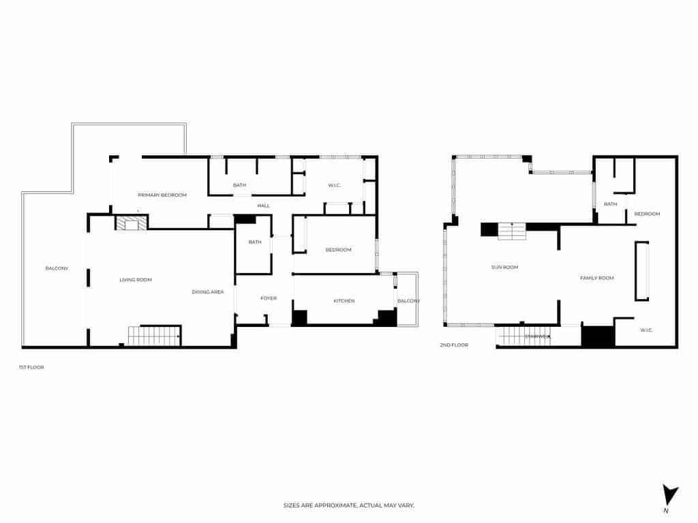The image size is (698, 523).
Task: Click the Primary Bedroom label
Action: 162,195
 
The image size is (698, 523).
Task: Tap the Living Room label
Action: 136,280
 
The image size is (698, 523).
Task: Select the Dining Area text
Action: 208,292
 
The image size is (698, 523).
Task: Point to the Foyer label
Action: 269,298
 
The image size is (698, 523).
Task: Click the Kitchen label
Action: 344,301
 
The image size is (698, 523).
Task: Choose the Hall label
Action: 264,206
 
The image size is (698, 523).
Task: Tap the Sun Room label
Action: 504,268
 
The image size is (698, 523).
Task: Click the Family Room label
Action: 596,278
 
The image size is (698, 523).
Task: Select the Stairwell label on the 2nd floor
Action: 538,336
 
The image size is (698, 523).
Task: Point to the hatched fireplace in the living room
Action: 131,223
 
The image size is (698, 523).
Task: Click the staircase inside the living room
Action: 154,336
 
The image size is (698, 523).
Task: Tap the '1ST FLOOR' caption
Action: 31,367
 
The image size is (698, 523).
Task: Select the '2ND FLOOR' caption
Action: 454,345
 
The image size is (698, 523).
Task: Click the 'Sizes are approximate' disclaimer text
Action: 348,505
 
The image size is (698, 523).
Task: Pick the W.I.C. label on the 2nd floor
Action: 646,330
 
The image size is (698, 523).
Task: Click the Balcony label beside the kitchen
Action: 408,301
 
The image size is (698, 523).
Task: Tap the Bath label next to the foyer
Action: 255,242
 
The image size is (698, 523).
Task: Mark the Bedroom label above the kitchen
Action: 338,250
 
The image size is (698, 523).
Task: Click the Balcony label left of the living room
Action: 57,268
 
